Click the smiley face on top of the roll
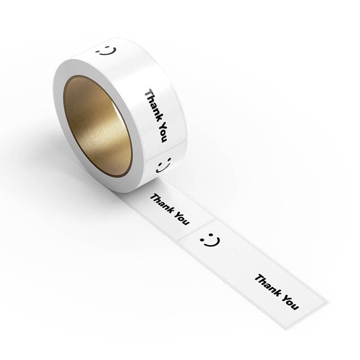point(106,51)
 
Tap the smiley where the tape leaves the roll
point(164,165)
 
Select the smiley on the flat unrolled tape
point(210,240)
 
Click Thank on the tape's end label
point(268,285)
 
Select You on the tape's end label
point(290,302)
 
